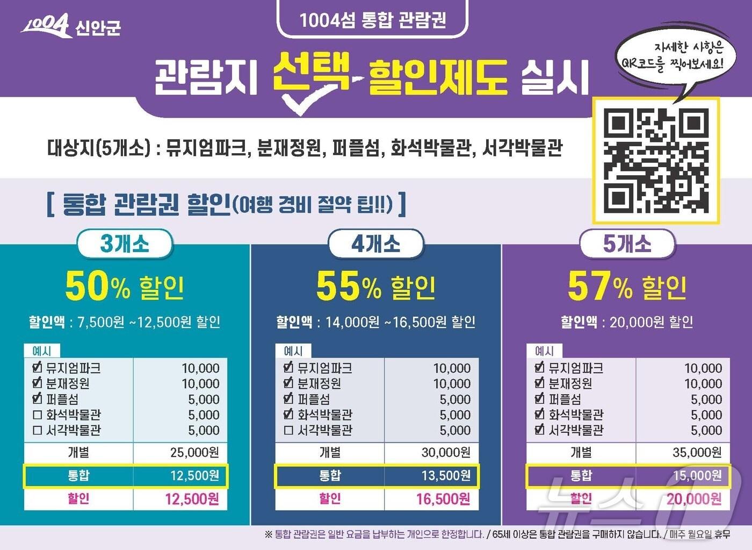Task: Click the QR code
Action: point(655,160)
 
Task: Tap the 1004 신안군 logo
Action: point(71,25)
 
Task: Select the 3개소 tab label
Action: point(125,244)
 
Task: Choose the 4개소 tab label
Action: point(375,244)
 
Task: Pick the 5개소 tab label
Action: point(627,244)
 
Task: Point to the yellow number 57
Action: point(589,287)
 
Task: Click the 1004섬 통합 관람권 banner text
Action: point(372,20)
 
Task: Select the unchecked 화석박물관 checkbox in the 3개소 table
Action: point(37,415)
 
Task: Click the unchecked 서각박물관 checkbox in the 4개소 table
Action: point(288,431)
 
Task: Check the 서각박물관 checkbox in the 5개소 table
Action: point(540,430)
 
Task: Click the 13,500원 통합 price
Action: point(446,476)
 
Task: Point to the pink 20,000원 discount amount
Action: point(694,499)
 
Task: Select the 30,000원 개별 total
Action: point(446,453)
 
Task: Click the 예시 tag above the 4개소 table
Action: point(293,351)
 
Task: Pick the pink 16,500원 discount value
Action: point(443,499)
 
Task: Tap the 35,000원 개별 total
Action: point(697,453)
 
